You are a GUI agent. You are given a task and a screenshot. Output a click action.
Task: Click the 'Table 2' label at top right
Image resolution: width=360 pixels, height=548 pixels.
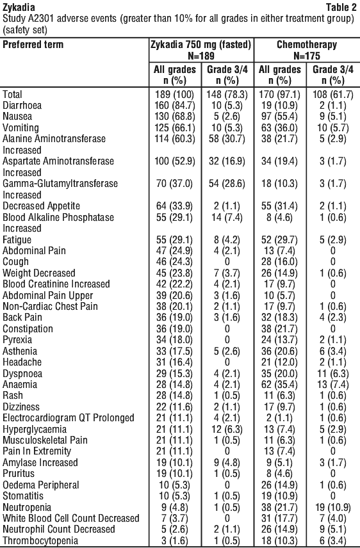[341, 7]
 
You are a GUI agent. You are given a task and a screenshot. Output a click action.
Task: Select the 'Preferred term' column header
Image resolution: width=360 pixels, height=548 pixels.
[33, 45]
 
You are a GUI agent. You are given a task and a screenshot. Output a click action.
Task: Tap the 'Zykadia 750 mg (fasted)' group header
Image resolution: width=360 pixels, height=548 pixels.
[200, 45]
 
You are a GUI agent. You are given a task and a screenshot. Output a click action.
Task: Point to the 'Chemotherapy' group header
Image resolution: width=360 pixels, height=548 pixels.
[307, 45]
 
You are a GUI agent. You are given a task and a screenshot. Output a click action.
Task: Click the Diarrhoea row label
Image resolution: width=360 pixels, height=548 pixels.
[22, 106]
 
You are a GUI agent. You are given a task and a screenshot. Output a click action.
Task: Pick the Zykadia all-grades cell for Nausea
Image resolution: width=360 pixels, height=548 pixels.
[175, 117]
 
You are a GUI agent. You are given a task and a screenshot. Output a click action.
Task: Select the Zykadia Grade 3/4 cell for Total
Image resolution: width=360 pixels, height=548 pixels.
[227, 94]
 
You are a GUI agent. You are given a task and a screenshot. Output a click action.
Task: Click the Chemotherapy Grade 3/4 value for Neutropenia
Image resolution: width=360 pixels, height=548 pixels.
[332, 507]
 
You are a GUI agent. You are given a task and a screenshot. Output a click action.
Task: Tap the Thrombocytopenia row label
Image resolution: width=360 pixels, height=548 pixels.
[40, 541]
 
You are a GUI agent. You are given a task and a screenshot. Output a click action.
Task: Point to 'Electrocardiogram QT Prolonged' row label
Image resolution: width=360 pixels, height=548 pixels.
[69, 418]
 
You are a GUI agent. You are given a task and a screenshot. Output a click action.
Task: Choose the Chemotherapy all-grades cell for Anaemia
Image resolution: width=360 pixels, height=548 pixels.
[279, 385]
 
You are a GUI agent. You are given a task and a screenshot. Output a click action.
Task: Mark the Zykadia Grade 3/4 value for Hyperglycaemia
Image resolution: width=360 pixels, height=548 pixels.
[227, 429]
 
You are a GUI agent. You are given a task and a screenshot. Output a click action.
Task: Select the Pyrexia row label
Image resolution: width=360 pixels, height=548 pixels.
[17, 340]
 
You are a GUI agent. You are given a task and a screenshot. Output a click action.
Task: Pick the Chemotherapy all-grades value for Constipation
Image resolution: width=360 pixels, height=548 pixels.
[279, 329]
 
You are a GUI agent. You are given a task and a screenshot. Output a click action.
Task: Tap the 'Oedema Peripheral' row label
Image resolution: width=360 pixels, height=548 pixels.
[41, 485]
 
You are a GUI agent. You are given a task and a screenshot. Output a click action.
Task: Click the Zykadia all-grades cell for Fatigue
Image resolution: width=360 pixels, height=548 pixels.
[175, 239]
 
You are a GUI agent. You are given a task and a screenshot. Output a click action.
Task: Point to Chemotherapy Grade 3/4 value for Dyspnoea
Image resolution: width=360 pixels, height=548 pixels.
[332, 374]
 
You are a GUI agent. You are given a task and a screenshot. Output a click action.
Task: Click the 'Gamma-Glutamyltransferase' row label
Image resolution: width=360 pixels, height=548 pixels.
[60, 184]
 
